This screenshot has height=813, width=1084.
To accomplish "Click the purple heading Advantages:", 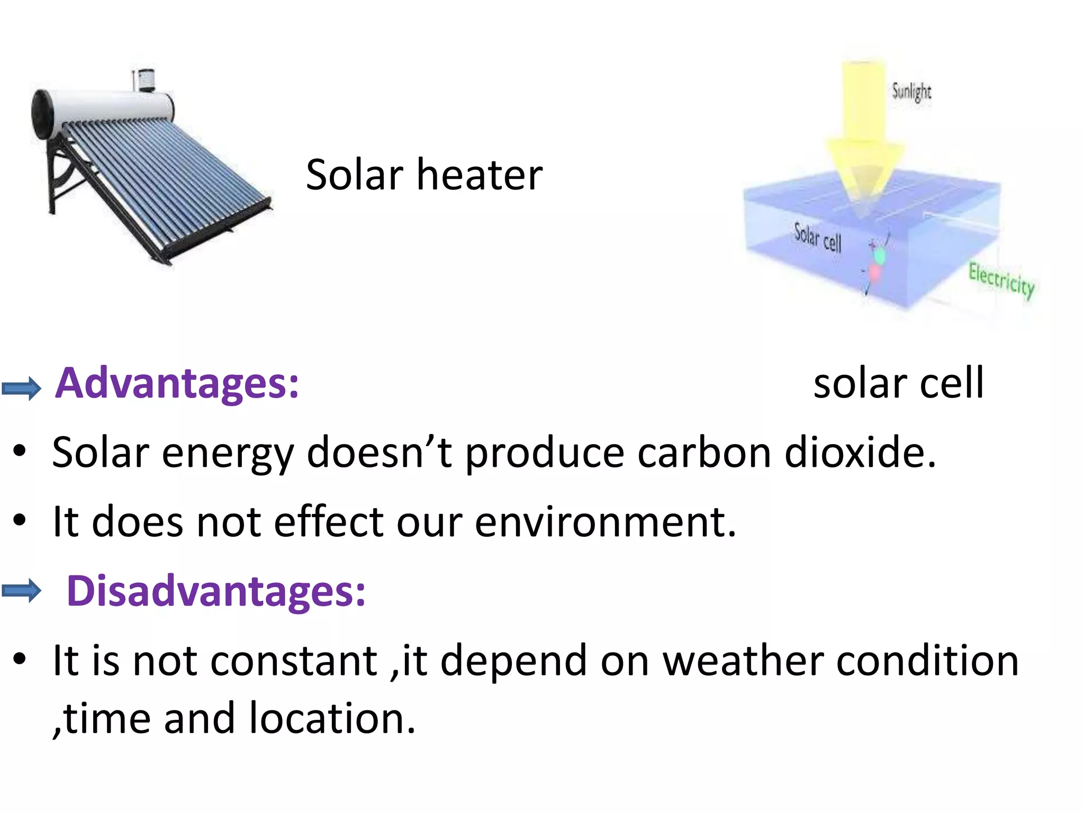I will (x=177, y=383).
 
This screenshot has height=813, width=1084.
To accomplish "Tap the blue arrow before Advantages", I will (x=21, y=389).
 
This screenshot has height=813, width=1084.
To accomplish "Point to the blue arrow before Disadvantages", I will (x=21, y=591).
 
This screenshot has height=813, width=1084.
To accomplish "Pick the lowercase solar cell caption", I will (x=898, y=383).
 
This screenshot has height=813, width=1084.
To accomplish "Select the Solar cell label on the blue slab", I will (x=817, y=238).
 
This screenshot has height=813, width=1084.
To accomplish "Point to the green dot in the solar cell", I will (x=879, y=256).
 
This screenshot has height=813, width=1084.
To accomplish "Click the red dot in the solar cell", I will (x=874, y=273).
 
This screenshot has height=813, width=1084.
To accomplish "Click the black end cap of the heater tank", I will (x=42, y=114).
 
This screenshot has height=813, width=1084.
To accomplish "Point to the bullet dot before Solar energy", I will (x=20, y=451).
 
